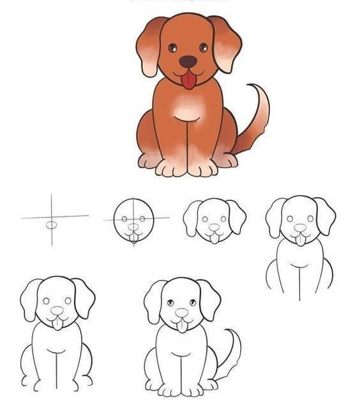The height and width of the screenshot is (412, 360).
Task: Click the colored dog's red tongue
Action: (x=188, y=80)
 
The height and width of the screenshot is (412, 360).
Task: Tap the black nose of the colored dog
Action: (x=188, y=61)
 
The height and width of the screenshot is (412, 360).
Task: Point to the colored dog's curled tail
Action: (x=255, y=121)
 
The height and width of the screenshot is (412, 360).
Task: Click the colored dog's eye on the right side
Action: (x=204, y=47)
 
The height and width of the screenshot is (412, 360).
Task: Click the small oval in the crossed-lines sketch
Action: (x=51, y=224)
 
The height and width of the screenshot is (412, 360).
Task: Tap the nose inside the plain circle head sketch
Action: (x=133, y=226)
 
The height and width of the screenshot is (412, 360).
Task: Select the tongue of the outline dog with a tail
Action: (x=183, y=326)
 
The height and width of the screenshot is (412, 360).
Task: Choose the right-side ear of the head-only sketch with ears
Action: (x=236, y=217)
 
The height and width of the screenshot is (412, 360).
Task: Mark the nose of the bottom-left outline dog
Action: (x=57, y=311)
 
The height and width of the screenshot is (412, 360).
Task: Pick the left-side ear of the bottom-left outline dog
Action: (x=30, y=298)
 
